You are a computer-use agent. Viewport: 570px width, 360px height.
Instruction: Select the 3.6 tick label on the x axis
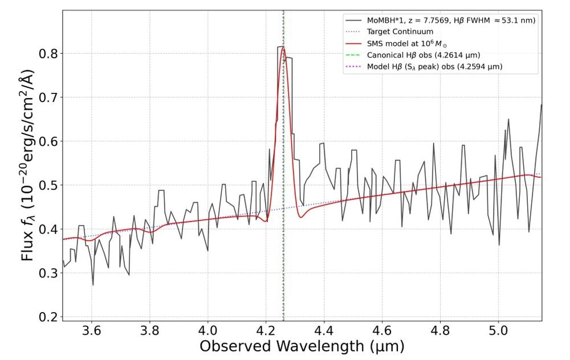(x=92, y=330)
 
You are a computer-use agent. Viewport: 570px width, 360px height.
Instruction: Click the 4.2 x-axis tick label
(x=266, y=330)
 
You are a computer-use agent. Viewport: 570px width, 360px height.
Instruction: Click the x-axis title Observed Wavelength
(x=302, y=346)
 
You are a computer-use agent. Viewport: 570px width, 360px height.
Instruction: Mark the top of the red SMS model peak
(x=283, y=47)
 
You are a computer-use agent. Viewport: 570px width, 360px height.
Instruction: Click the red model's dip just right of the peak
(x=301, y=217)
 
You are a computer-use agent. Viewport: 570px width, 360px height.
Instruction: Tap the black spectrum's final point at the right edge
(x=541, y=105)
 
